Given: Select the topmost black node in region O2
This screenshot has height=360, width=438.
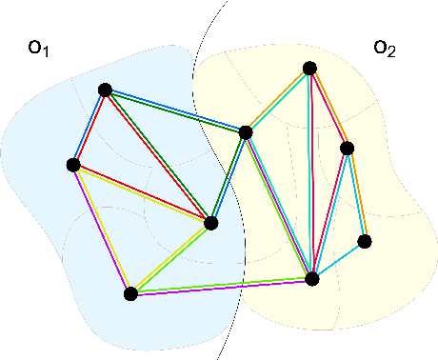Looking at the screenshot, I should (x=309, y=68).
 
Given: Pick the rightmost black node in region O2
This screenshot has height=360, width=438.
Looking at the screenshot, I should (x=364, y=240).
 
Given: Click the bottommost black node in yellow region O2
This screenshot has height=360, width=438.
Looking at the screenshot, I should (x=311, y=278).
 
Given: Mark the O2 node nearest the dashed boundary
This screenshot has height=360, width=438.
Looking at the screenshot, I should (x=246, y=131).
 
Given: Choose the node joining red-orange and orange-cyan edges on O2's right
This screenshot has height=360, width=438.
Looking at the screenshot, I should (x=348, y=148).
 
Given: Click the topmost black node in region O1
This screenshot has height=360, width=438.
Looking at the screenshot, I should (x=105, y=90).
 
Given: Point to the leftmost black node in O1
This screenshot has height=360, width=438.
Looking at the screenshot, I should (x=73, y=165).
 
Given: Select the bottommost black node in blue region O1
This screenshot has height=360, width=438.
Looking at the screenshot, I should (x=131, y=293).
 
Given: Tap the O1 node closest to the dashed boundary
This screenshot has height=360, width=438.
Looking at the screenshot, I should (x=211, y=223).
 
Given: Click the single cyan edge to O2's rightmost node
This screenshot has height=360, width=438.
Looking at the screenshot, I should (x=338, y=259).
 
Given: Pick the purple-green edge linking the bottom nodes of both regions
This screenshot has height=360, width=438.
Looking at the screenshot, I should (x=221, y=286).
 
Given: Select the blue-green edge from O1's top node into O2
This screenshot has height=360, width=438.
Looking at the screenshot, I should (x=175, y=110).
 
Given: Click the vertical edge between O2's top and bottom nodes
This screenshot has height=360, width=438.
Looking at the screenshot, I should (x=310, y=171).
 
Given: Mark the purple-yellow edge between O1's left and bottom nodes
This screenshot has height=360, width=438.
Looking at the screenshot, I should (x=102, y=229).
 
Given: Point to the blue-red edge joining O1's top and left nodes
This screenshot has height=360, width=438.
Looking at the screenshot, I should (x=89, y=128).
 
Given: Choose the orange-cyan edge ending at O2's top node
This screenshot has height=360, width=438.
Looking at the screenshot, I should (x=277, y=100).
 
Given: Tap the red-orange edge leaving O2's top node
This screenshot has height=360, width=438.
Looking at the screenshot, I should (x=328, y=108).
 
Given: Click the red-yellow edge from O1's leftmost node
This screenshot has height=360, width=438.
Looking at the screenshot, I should (x=143, y=194).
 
